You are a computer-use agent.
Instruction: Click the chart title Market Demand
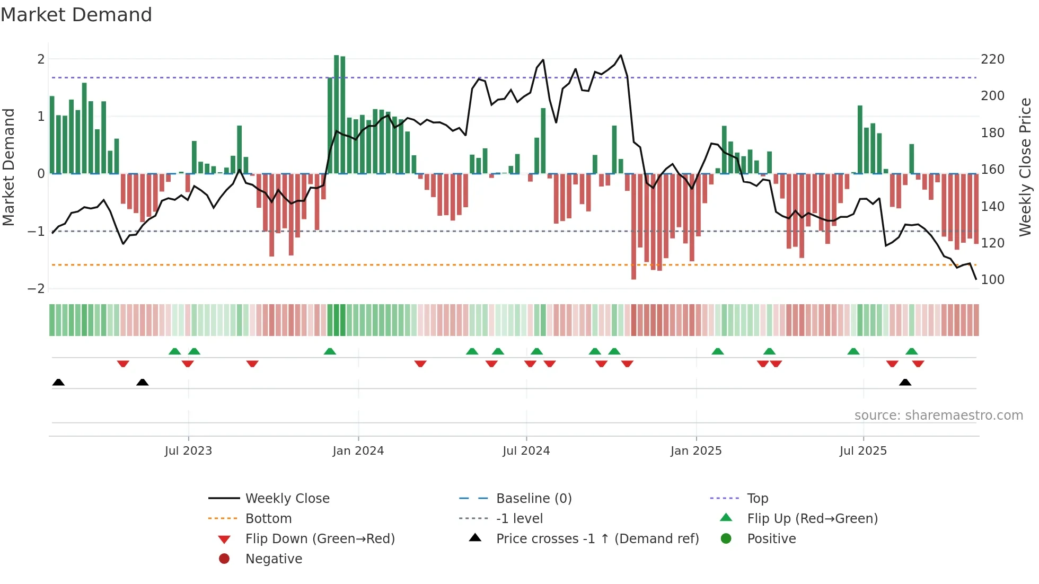(x=76, y=14)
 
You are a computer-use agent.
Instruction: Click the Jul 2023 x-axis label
(x=188, y=451)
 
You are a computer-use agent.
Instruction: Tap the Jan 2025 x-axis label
(x=695, y=451)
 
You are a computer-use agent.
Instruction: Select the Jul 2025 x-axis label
(x=863, y=451)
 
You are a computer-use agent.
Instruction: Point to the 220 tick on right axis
(x=992, y=59)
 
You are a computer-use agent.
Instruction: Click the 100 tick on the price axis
(x=992, y=279)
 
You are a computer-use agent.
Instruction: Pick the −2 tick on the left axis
(x=36, y=289)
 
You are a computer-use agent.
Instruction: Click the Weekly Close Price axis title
(x=1025, y=167)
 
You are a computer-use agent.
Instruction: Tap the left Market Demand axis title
(x=8, y=167)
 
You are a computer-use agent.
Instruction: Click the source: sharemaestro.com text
(x=938, y=415)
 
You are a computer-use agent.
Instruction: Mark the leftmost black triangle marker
(x=58, y=383)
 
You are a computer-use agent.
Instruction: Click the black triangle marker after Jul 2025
(x=905, y=383)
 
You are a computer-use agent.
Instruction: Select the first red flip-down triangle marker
(x=123, y=364)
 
